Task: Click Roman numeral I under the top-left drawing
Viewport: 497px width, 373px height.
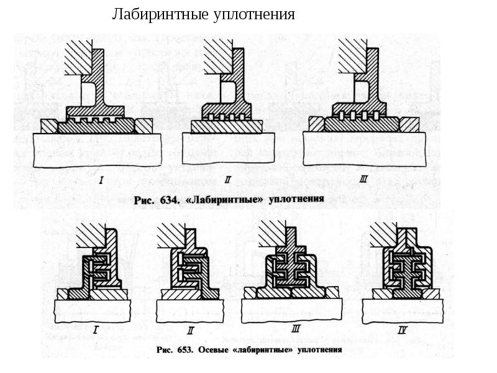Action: coord(100,181)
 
